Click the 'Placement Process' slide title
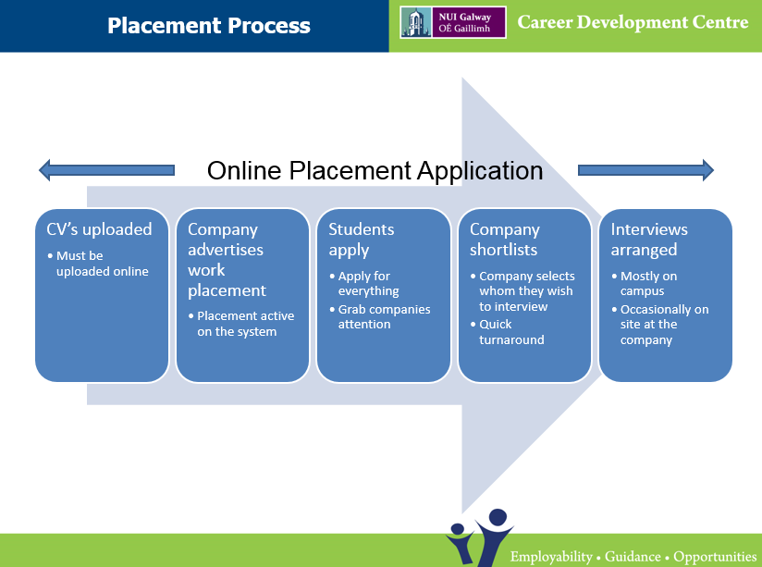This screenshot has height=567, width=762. point(208,25)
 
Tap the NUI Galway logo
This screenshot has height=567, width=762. point(453,22)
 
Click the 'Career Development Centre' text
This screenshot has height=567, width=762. point(633,22)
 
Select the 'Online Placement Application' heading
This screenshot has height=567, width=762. point(375,171)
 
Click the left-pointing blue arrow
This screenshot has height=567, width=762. point(106,170)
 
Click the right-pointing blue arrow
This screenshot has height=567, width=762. point(645,170)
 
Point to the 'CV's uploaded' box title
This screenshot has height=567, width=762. point(99,229)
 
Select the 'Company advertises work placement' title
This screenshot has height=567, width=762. point(227,260)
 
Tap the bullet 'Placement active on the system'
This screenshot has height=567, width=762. point(241,324)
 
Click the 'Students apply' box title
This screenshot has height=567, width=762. point(361,240)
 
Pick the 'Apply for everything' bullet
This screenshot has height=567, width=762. point(364,283)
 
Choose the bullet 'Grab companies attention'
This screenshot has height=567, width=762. point(380,316)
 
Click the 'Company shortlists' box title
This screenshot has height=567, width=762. point(504,240)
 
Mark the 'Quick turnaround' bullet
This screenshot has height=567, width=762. point(508,332)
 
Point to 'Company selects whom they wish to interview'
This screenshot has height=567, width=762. point(522,291)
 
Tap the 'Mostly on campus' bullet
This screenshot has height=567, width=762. point(645,283)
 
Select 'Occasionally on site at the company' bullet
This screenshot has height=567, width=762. point(660,325)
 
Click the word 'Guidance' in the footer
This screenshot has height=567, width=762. point(633,556)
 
